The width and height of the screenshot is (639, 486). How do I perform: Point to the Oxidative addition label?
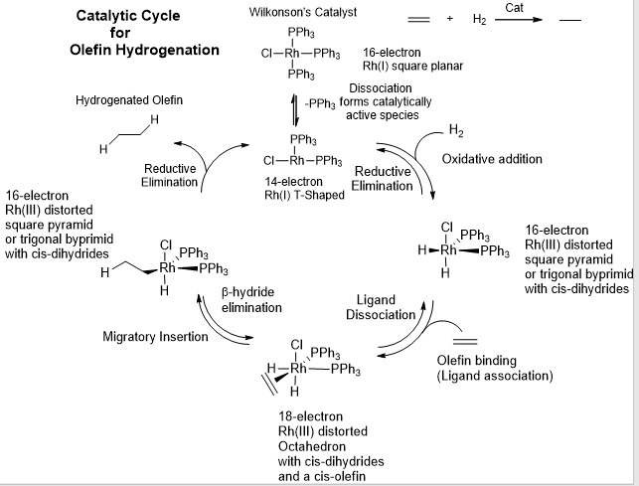click(x=492, y=160)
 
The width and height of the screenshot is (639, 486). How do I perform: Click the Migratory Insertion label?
click(x=156, y=336)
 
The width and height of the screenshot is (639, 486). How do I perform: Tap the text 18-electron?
click(x=310, y=415)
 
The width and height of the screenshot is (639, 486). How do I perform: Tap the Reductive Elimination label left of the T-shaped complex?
click(x=169, y=175)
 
